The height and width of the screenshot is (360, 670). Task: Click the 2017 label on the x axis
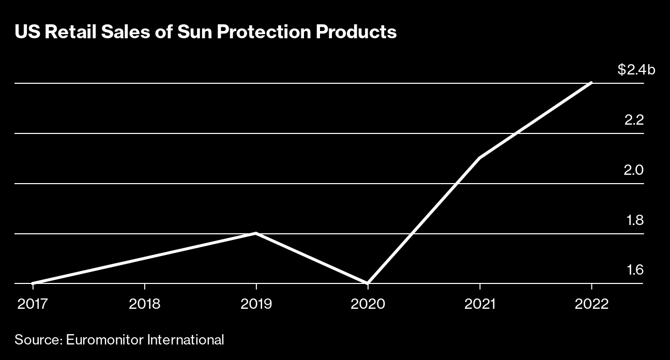tap(33, 304)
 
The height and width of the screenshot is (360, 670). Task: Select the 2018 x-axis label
tap(144, 304)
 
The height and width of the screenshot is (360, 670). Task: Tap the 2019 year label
tap(256, 304)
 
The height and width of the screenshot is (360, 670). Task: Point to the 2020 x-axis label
tap(368, 304)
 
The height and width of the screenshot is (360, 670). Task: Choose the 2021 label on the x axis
tap(480, 304)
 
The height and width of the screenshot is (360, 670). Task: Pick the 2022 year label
tap(591, 304)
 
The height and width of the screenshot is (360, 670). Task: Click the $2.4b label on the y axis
tap(636, 70)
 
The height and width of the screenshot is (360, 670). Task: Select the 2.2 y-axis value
tap(634, 120)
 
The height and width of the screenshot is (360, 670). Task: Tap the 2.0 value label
tap(634, 170)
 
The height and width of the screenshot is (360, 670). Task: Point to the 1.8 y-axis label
tap(634, 220)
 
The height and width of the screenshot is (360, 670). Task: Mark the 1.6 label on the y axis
tap(634, 271)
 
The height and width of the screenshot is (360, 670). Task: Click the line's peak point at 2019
tap(256, 233)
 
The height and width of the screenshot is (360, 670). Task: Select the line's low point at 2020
tap(368, 283)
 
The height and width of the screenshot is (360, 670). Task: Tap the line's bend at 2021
tap(480, 158)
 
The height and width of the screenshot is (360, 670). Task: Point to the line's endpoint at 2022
tap(591, 83)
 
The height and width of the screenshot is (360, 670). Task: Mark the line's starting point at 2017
tap(33, 283)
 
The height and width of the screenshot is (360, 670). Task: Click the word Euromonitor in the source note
tap(105, 340)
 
